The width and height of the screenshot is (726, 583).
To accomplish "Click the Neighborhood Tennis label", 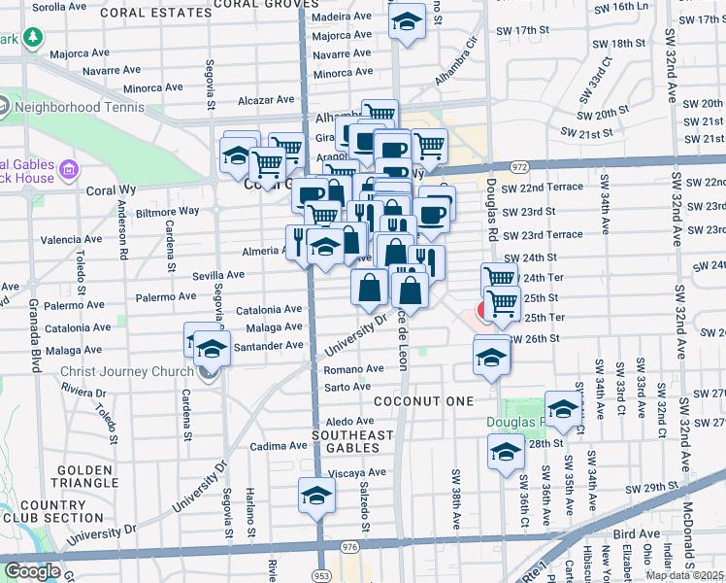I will pos(65,107).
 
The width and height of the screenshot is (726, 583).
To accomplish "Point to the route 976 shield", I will pos(349,548).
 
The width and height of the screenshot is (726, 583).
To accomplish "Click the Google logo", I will pos(32,571).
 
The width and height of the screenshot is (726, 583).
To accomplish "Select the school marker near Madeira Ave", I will pos(408,20).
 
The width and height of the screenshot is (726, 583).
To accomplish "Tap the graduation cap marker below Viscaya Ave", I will pos(316,496).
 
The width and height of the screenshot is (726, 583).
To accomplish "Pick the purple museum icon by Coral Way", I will pos(69,171).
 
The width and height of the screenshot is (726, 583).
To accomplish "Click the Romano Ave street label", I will pos(354,369).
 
